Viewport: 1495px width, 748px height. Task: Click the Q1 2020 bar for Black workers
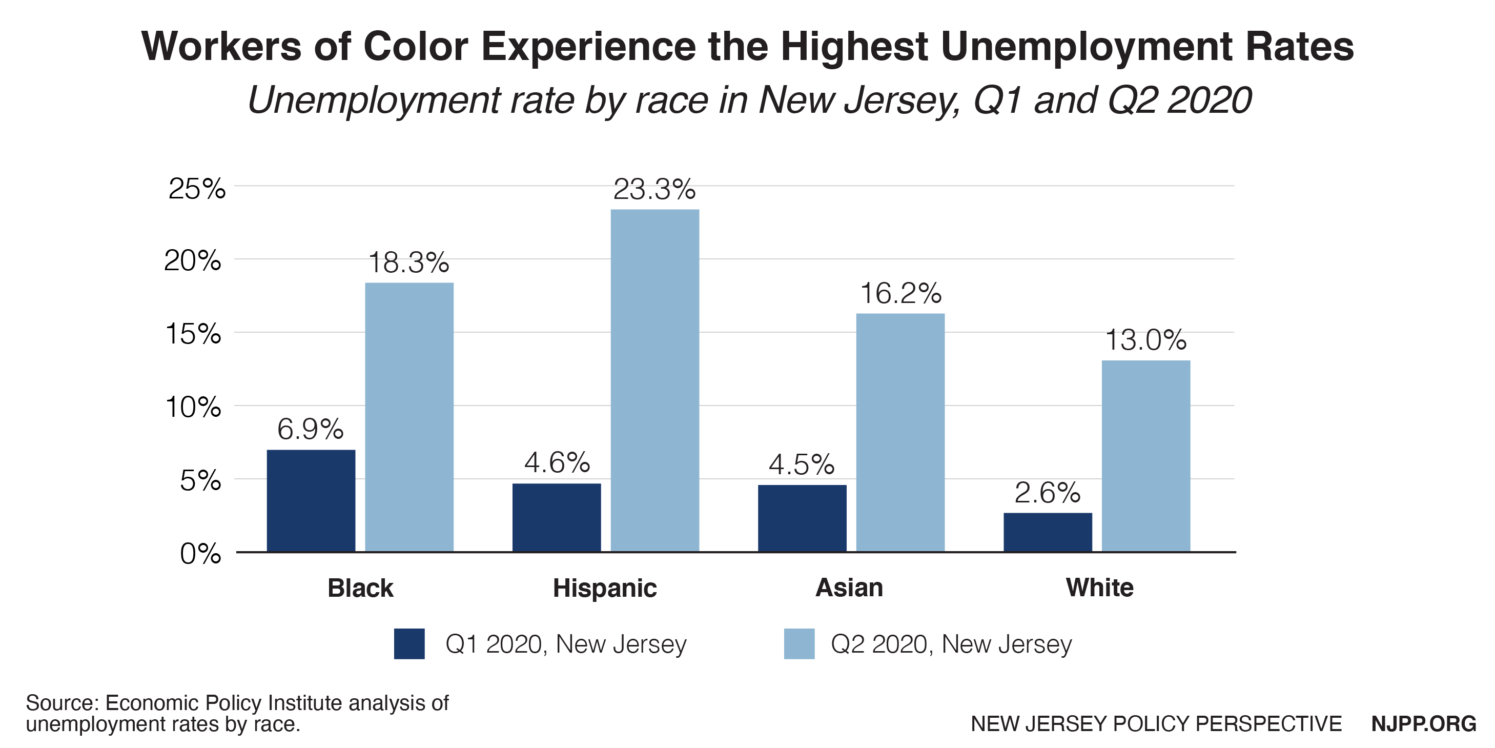pyautogui.click(x=311, y=500)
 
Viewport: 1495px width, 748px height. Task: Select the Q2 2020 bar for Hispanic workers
pyautogui.click(x=654, y=380)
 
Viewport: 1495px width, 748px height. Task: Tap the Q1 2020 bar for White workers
pyautogui.click(x=1048, y=532)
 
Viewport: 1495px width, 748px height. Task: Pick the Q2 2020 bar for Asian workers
pyautogui.click(x=900, y=433)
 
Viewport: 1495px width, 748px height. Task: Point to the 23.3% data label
pyautogui.click(x=654, y=190)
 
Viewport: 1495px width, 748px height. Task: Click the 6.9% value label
pyautogui.click(x=310, y=430)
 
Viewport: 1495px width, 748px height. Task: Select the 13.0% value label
pyautogui.click(x=1145, y=340)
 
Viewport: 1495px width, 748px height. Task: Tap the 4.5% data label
pyautogui.click(x=802, y=464)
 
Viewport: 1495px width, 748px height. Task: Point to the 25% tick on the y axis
pyautogui.click(x=197, y=189)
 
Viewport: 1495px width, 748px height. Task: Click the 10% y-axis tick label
pyautogui.click(x=193, y=407)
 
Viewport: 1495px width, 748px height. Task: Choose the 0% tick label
pyautogui.click(x=200, y=554)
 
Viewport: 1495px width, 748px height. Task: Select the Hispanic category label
pyautogui.click(x=605, y=588)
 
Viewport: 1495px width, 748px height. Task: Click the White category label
pyautogui.click(x=1100, y=588)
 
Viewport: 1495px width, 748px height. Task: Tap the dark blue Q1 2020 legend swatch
pyautogui.click(x=409, y=643)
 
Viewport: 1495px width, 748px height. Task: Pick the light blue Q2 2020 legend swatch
pyautogui.click(x=799, y=643)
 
